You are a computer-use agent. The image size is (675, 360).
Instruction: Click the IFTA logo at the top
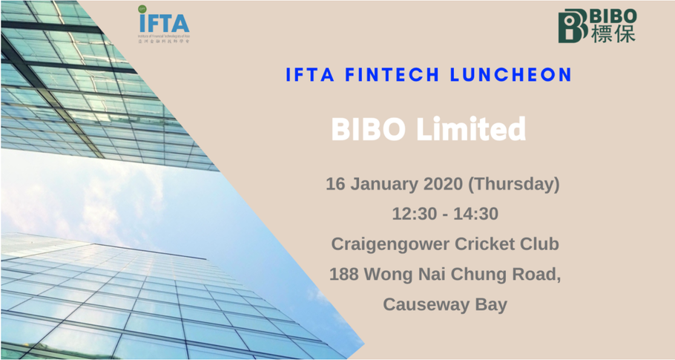(x=163, y=24)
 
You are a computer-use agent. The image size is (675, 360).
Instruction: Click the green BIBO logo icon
(x=573, y=26)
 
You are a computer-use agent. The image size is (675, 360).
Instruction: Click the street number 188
(x=345, y=274)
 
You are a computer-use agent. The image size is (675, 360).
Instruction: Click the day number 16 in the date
(x=336, y=183)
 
